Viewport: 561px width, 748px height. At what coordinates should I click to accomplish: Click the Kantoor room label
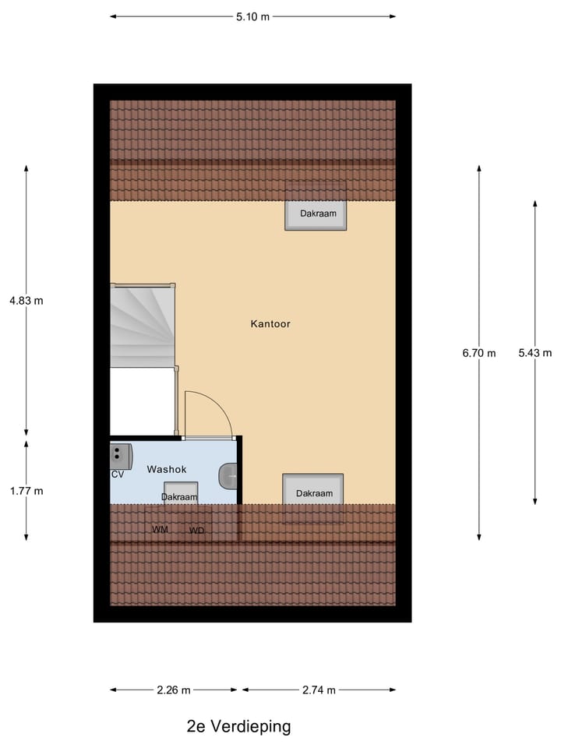click(270, 323)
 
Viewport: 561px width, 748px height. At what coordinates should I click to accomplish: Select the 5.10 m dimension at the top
click(252, 16)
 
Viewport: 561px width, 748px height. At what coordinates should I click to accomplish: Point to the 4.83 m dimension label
click(26, 300)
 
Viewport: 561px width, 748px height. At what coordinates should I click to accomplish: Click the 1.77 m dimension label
click(26, 491)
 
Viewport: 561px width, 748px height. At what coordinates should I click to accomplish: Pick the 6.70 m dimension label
click(478, 353)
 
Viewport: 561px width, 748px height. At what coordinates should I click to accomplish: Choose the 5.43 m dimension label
click(535, 353)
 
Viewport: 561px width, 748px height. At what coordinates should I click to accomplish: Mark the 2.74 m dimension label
click(319, 690)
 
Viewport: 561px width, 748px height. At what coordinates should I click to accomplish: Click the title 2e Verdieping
click(238, 727)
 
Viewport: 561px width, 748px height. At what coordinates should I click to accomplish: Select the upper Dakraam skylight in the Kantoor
click(316, 214)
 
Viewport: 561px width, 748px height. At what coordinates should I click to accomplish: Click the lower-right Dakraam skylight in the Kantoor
click(313, 492)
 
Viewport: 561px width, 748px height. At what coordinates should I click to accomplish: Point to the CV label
click(118, 475)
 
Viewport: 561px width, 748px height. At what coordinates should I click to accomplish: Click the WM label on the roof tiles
click(161, 530)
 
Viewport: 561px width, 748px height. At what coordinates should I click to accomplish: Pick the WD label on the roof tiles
click(197, 531)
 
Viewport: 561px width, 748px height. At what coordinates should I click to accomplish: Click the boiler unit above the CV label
click(121, 454)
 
